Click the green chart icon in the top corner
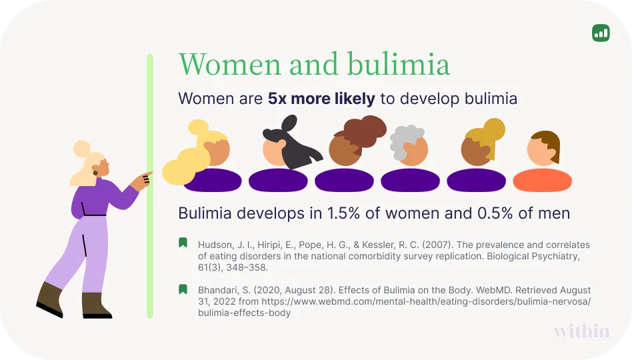(600, 33)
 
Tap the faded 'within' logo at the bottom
(581, 331)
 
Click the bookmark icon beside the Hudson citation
(183, 243)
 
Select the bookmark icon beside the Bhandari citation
(183, 289)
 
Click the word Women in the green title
(229, 65)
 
